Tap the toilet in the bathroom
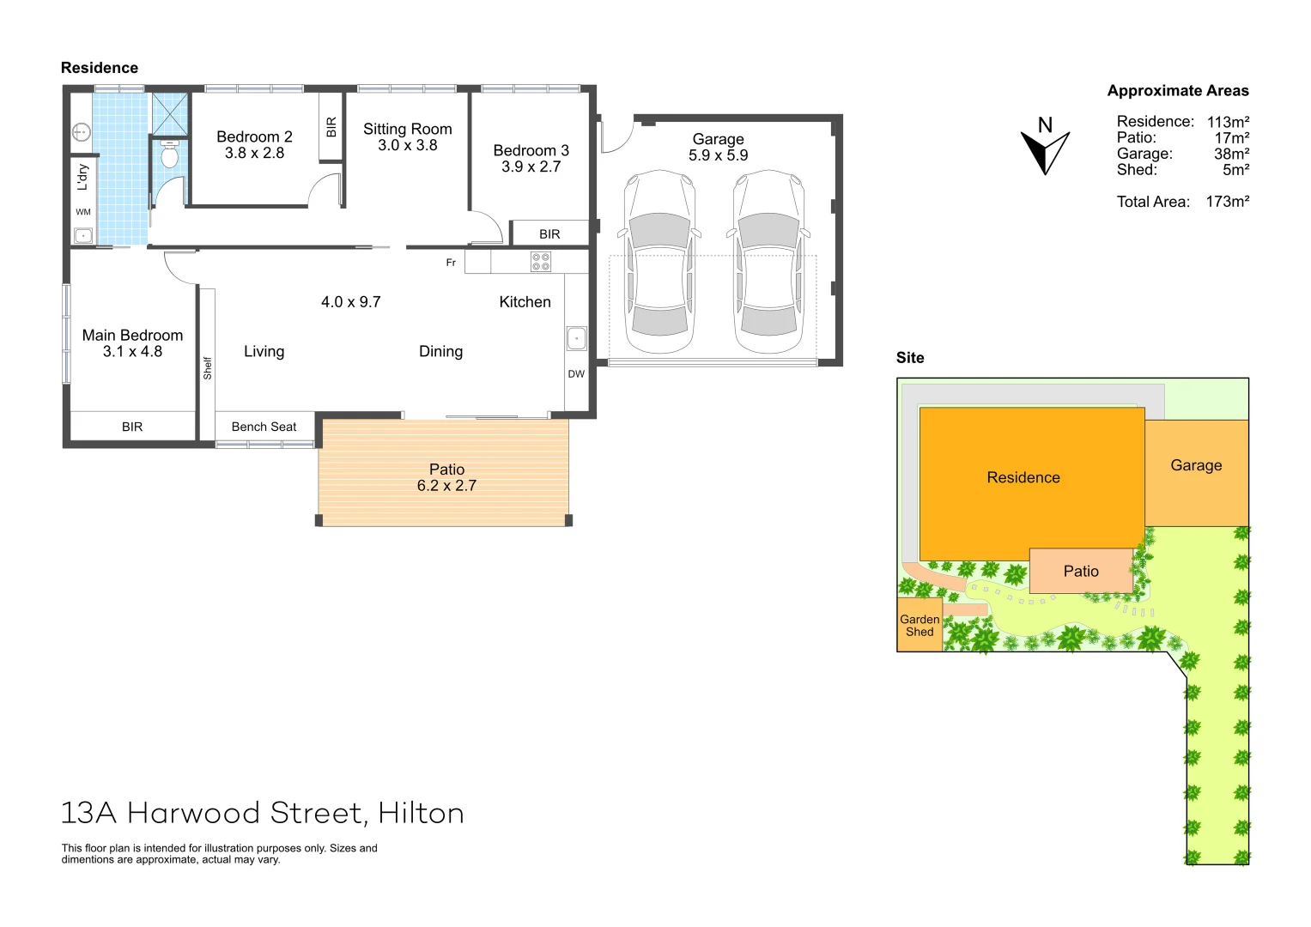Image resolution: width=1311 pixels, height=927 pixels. coord(170,155)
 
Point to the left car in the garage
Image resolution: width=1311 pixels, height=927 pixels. coord(659,262)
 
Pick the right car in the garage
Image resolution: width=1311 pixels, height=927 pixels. coord(768,262)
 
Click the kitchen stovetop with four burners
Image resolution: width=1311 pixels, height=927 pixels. coord(541,262)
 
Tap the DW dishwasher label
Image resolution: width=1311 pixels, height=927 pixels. coord(576,374)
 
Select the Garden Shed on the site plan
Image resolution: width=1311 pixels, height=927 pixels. coord(920,626)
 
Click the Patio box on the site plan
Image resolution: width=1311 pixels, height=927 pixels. coord(1081,572)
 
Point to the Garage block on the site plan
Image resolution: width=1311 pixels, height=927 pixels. coord(1196,471)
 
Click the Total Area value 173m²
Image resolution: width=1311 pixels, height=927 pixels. coord(1227,202)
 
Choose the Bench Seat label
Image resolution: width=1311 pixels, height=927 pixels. coord(264,427)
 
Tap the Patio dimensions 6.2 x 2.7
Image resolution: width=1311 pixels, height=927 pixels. coord(446,486)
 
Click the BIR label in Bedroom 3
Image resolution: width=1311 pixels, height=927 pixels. coord(549,234)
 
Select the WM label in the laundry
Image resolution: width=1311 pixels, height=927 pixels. coord(83,212)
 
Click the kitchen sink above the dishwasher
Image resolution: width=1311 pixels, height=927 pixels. coord(576,339)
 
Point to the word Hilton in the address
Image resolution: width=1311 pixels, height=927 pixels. coord(421,813)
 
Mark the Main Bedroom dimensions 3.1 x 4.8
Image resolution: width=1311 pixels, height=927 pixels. coord(132,352)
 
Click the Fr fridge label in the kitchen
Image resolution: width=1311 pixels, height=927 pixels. coord(451,263)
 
